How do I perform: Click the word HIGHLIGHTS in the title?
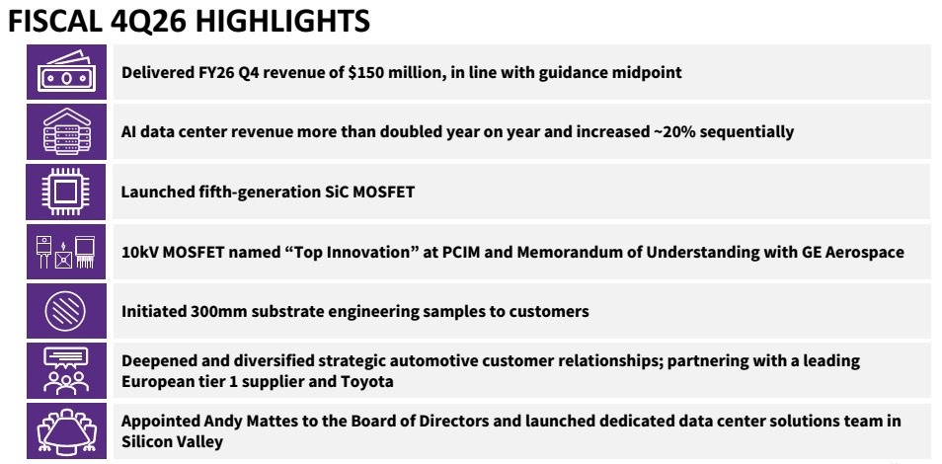tap(281, 22)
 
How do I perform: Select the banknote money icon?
tap(66, 72)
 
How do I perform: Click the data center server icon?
tap(66, 131)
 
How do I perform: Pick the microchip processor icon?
tap(66, 192)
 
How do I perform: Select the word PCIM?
tap(461, 252)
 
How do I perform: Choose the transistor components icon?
tap(66, 252)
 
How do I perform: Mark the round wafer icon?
tap(66, 311)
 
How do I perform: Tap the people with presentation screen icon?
tap(66, 371)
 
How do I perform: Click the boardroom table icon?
tap(66, 431)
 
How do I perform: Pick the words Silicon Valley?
tap(172, 442)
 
